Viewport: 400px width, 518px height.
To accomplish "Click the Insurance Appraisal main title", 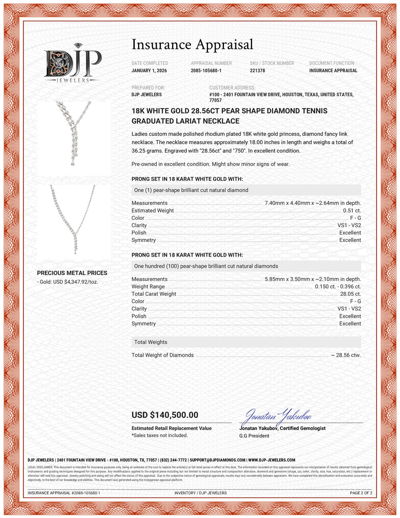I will (192, 44).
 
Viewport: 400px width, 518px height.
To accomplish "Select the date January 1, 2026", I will (149, 71).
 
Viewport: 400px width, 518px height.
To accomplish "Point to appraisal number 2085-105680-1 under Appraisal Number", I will (206, 71).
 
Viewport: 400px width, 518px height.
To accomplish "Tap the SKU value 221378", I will (257, 71).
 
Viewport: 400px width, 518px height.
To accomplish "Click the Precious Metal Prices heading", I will (72, 273).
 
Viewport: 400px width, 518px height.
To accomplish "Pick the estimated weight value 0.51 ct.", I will (352, 211).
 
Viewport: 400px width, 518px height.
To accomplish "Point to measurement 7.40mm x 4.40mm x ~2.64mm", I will (312, 203).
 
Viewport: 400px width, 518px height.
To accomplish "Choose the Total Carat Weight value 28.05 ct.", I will (350, 294).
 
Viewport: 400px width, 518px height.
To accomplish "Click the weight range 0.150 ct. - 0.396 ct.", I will (338, 287).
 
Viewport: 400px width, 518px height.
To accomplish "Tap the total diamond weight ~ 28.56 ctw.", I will (346, 355).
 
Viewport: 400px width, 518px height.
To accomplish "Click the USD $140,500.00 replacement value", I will (165, 415).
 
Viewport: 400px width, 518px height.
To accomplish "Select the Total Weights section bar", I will (246, 342).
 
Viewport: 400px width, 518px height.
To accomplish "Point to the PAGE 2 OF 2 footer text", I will (361, 493).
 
